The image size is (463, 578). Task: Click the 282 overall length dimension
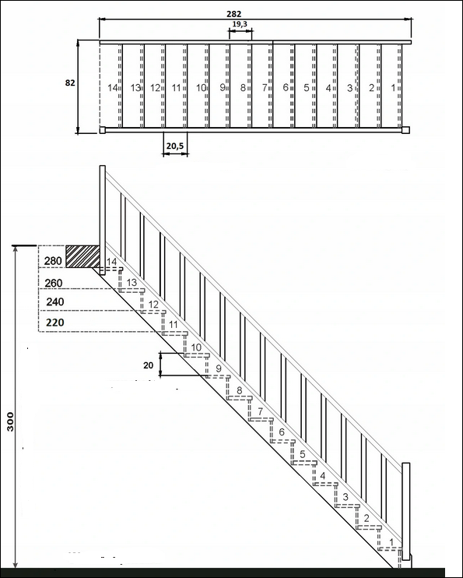coord(234,14)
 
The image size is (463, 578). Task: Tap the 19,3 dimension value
coord(240,24)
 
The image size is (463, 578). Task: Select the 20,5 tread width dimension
coord(175,146)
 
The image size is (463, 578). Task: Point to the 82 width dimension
coord(70,83)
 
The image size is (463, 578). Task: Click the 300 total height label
coord(10,421)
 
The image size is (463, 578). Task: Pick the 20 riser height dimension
coord(148,365)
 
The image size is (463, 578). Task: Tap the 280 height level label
coord(53,261)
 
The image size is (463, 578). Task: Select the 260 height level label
coord(54,283)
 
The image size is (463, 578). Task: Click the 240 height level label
coord(55,302)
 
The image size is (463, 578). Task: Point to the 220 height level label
coord(55,322)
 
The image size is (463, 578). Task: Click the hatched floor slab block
coord(83,256)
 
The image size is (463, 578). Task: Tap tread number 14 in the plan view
coord(112,88)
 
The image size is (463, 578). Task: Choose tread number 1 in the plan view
coord(393,88)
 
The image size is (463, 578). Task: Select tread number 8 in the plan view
coord(243,88)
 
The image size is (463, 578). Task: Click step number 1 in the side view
coord(391,542)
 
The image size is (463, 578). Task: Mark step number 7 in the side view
coord(261,411)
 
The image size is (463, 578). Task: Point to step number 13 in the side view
coord(132,282)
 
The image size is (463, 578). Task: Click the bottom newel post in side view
coord(406,511)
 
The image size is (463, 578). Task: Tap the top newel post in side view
coord(103,220)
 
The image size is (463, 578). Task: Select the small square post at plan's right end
coord(406,130)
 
